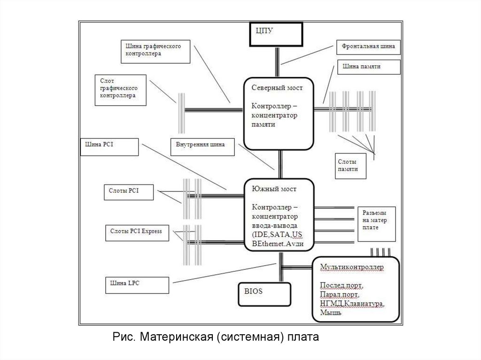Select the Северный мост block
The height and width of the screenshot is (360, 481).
[279, 112]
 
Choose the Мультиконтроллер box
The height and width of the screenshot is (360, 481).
[356, 290]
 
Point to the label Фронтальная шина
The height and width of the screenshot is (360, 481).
[368, 47]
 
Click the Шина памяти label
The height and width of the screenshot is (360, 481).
[368, 67]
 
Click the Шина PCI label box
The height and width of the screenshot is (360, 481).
[109, 146]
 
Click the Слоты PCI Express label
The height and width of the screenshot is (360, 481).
[136, 232]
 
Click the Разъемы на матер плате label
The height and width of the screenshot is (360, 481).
[376, 223]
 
